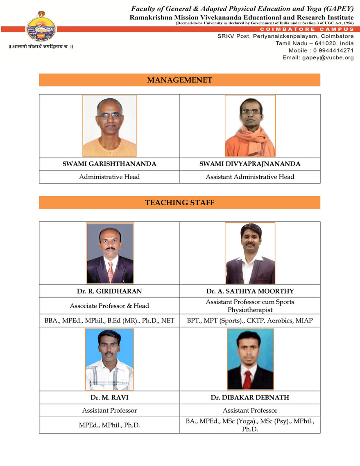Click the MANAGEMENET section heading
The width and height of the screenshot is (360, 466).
tap(179, 80)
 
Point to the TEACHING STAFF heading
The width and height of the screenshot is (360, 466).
tap(179, 202)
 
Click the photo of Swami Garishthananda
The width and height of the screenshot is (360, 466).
tap(109, 125)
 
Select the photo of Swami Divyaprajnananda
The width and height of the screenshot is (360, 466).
tap(250, 125)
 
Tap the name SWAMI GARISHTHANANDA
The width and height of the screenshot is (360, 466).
tap(109, 164)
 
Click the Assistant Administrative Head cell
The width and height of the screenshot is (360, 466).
tap(250, 177)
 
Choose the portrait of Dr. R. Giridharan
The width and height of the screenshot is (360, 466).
tap(109, 253)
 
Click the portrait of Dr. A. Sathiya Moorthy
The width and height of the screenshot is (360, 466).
tap(250, 253)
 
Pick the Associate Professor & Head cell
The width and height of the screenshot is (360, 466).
tap(109, 306)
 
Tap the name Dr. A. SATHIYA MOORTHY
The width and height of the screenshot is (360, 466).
tap(250, 291)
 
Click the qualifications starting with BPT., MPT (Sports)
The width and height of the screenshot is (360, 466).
tap(250, 321)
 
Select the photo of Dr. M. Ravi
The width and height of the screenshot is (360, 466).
tap(109, 359)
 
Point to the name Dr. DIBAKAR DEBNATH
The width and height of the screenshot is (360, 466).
tap(250, 398)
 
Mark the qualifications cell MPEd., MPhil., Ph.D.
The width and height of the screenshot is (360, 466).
tap(109, 425)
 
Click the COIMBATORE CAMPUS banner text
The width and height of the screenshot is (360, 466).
tap(307, 30)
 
